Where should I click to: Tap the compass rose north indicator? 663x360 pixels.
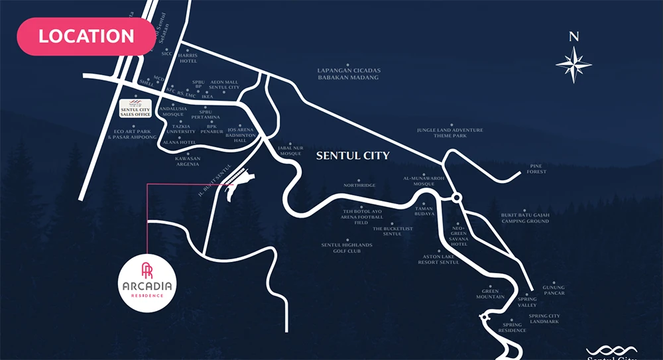[573, 63]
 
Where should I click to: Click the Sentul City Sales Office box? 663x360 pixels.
[136, 109]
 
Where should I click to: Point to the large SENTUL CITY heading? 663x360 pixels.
[353, 156]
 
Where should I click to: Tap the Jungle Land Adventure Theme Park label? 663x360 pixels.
[450, 133]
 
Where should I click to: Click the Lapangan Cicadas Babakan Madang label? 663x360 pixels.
[348, 74]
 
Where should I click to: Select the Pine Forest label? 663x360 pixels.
[537, 169]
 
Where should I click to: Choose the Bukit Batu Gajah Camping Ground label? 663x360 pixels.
[525, 217]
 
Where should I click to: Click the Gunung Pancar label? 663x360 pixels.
[554, 290]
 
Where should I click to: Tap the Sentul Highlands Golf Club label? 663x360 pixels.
[347, 248]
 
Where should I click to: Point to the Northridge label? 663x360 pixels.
[360, 185]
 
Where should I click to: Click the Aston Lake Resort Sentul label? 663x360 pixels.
[438, 259]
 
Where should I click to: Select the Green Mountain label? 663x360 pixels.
[490, 294]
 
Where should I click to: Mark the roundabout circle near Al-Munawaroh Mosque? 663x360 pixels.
[457, 198]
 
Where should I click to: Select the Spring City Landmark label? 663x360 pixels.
[544, 318]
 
